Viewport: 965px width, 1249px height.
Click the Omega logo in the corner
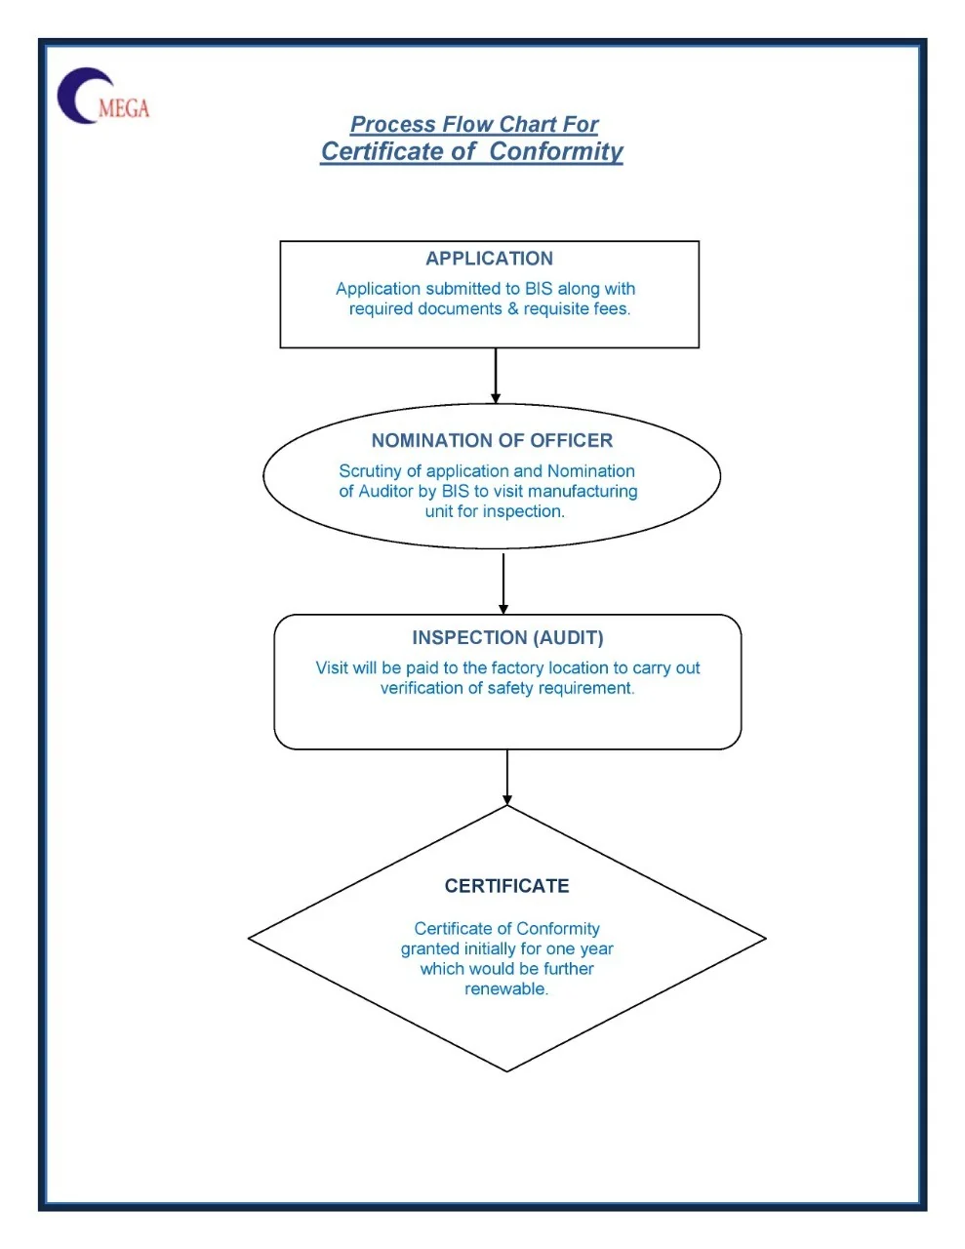point(102,96)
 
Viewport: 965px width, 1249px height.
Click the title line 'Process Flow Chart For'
point(473,125)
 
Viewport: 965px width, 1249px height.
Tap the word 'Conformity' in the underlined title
point(555,152)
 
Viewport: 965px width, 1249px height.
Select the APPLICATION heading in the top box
point(489,259)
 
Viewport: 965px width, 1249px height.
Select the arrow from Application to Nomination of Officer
point(496,376)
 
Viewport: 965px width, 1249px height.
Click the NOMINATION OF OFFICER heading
point(492,441)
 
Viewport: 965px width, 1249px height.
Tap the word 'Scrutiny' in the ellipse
point(370,471)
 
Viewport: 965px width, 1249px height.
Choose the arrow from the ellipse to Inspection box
point(503,583)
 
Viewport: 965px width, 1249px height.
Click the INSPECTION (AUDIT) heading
point(507,638)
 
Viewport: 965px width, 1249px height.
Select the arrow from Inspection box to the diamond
point(507,777)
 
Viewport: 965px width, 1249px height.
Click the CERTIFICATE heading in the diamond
point(506,886)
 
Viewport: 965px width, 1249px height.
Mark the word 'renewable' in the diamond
point(504,989)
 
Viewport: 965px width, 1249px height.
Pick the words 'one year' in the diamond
point(583,949)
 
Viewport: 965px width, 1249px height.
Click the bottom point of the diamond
point(507,1070)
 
